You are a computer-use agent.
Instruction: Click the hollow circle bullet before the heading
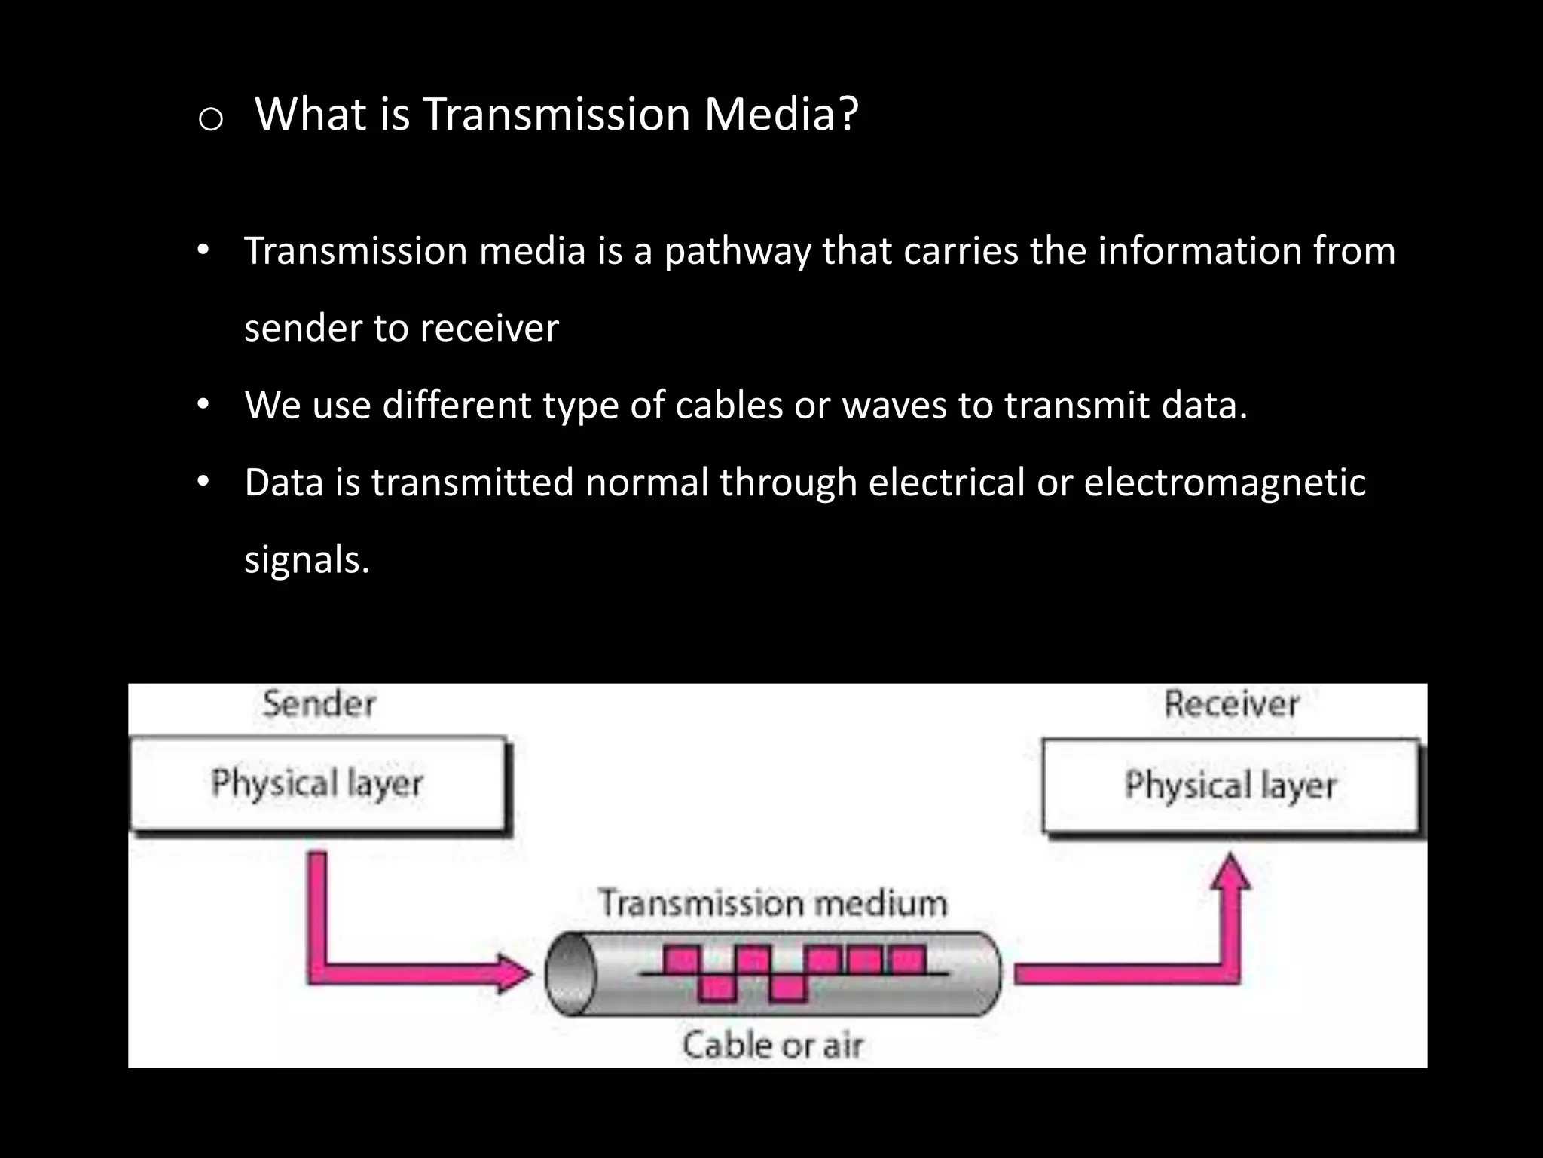tap(210, 119)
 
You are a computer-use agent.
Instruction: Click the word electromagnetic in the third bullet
tap(1224, 482)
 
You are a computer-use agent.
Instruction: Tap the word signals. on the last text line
tap(307, 560)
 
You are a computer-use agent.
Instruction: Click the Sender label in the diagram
tap(319, 704)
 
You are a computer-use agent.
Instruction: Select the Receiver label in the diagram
tap(1232, 704)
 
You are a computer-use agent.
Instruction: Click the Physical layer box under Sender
tap(318, 784)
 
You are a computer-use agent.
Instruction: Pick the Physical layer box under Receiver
tap(1230, 786)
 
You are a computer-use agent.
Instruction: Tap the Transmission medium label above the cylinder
tap(772, 903)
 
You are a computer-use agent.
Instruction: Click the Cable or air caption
tap(772, 1045)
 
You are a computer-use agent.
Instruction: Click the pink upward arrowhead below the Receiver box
tap(1230, 873)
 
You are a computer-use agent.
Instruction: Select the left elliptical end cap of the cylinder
tap(570, 973)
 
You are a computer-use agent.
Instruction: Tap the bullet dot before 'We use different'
tap(202, 405)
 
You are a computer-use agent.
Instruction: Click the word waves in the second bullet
tap(894, 405)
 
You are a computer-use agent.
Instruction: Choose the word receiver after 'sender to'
tap(489, 329)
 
